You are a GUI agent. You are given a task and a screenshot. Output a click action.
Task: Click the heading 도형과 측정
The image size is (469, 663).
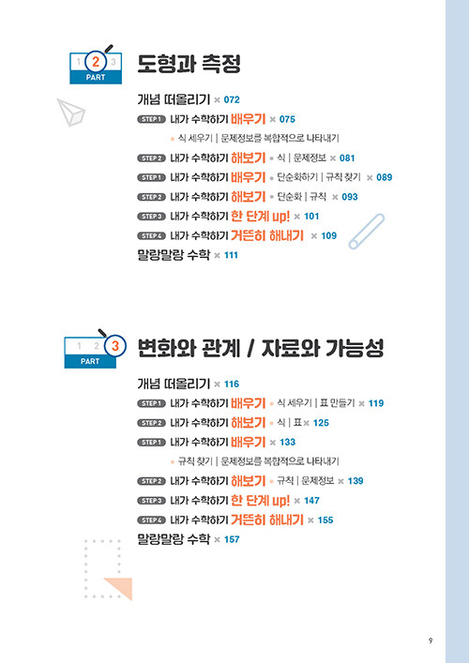[x=189, y=65]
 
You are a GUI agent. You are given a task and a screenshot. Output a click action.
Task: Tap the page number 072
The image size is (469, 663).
[x=232, y=99]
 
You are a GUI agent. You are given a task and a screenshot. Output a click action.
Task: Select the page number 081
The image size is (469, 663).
[x=347, y=158]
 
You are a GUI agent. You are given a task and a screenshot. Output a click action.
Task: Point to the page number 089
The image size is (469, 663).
[x=385, y=177]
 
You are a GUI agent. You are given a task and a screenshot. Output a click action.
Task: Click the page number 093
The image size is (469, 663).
[x=350, y=197]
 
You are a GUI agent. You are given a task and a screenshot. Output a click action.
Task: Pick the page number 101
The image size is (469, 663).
[x=311, y=216]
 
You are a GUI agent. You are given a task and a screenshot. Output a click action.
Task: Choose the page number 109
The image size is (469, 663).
[x=329, y=235]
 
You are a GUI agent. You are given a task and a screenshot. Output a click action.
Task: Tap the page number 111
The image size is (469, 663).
[x=231, y=255]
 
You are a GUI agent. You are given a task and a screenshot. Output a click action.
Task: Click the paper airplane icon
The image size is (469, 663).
[x=70, y=112]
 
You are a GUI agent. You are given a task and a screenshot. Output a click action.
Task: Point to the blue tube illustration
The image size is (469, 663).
[x=366, y=232]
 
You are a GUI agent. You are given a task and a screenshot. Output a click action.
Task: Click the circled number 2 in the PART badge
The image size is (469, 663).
[x=96, y=62]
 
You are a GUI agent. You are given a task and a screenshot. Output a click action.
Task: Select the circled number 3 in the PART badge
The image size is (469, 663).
[x=115, y=346]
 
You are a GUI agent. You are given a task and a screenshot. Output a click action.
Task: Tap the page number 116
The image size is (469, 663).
[x=232, y=384]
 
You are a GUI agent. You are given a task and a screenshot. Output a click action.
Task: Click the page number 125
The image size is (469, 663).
[x=321, y=423]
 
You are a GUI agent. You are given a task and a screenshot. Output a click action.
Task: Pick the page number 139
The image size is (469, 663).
[x=356, y=481]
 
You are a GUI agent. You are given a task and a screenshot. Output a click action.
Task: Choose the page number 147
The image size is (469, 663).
[x=311, y=500]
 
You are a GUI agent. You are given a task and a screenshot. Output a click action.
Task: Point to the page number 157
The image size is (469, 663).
[x=232, y=539]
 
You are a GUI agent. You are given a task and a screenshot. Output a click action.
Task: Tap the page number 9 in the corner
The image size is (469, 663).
[x=431, y=640]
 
